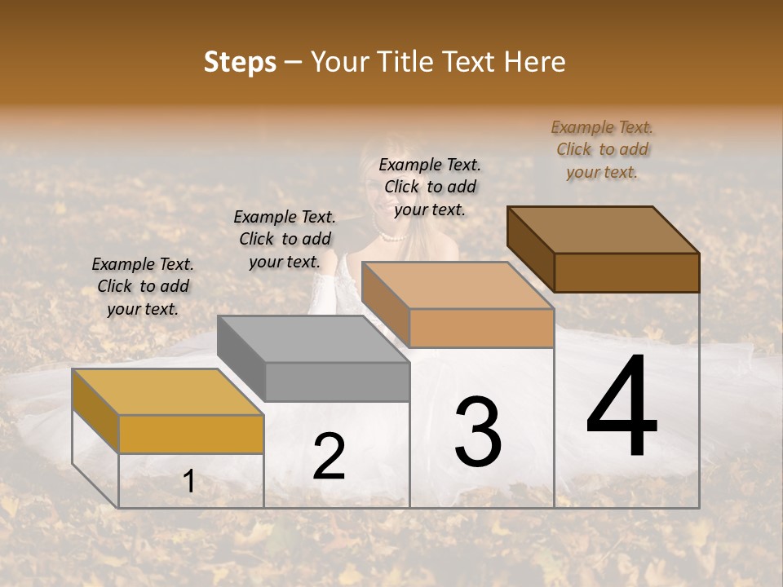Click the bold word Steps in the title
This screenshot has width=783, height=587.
[x=240, y=63]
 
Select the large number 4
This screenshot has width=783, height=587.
[x=622, y=408]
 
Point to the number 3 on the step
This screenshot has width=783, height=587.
[x=478, y=431]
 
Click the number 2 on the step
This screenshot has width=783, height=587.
[x=329, y=457]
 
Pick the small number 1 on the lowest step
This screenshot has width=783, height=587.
[x=188, y=482]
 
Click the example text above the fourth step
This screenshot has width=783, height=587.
[x=602, y=150]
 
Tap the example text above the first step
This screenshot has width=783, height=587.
[x=143, y=287]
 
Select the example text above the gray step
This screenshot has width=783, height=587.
[x=285, y=240]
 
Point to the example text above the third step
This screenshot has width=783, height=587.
[x=430, y=187]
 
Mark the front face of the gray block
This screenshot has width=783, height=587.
[x=337, y=382]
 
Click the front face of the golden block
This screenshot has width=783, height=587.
[x=191, y=434]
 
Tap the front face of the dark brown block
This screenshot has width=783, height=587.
[x=626, y=272]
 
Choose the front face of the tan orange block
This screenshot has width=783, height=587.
[x=481, y=329]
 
